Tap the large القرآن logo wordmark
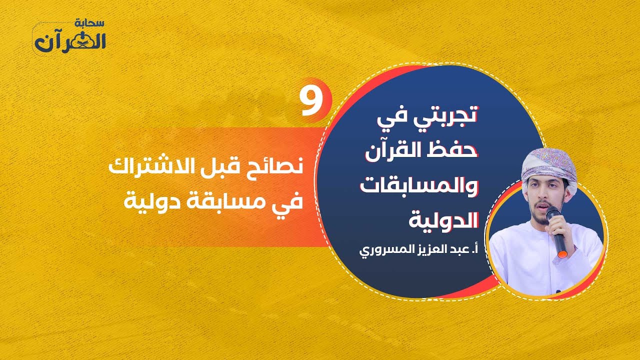[70, 42]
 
